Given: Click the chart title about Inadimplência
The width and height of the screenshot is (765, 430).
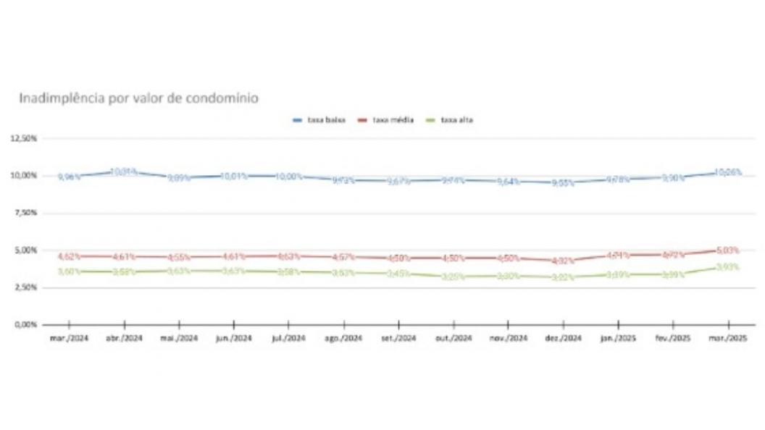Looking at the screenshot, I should pyautogui.click(x=138, y=97).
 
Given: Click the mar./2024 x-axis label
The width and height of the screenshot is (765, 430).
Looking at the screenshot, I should pyautogui.click(x=70, y=339).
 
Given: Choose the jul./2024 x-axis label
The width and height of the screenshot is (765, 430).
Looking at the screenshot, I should pyautogui.click(x=289, y=339).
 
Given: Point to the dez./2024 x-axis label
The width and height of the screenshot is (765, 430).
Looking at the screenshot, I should pyautogui.click(x=563, y=339).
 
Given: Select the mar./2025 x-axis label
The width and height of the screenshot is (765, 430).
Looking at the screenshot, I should pyautogui.click(x=727, y=339).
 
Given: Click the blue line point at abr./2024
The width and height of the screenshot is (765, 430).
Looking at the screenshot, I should pyautogui.click(x=125, y=172).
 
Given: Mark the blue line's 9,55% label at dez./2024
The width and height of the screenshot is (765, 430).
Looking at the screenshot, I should pyautogui.click(x=562, y=183).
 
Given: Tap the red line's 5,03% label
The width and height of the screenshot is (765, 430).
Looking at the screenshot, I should pyautogui.click(x=727, y=250).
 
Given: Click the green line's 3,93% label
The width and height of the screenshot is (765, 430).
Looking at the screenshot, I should pyautogui.click(x=727, y=267).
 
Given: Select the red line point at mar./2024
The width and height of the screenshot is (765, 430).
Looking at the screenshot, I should pyautogui.click(x=70, y=256).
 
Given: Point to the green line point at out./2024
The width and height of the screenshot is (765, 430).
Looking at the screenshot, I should pyautogui.click(x=453, y=277).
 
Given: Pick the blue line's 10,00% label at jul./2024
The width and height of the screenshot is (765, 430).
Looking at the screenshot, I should pyautogui.click(x=289, y=177).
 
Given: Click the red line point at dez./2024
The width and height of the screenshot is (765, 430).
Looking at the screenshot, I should pyautogui.click(x=563, y=261).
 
